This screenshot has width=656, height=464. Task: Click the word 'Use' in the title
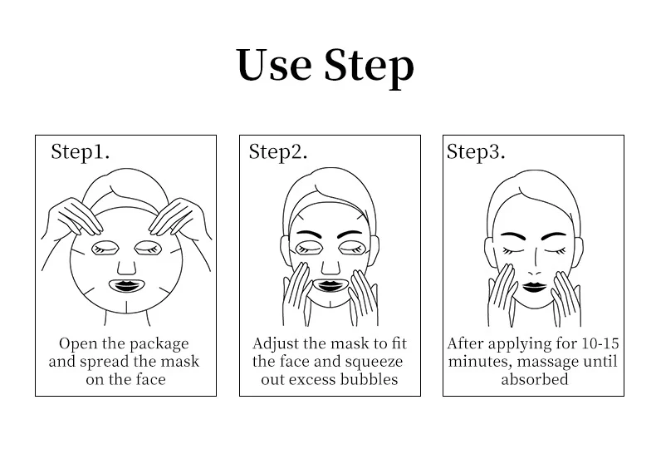(x=272, y=66)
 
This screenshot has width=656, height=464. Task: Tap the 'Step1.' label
(x=81, y=151)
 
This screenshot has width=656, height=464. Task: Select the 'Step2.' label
(x=278, y=151)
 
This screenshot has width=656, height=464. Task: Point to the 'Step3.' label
(x=476, y=151)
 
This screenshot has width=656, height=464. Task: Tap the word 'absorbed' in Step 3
(x=534, y=379)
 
